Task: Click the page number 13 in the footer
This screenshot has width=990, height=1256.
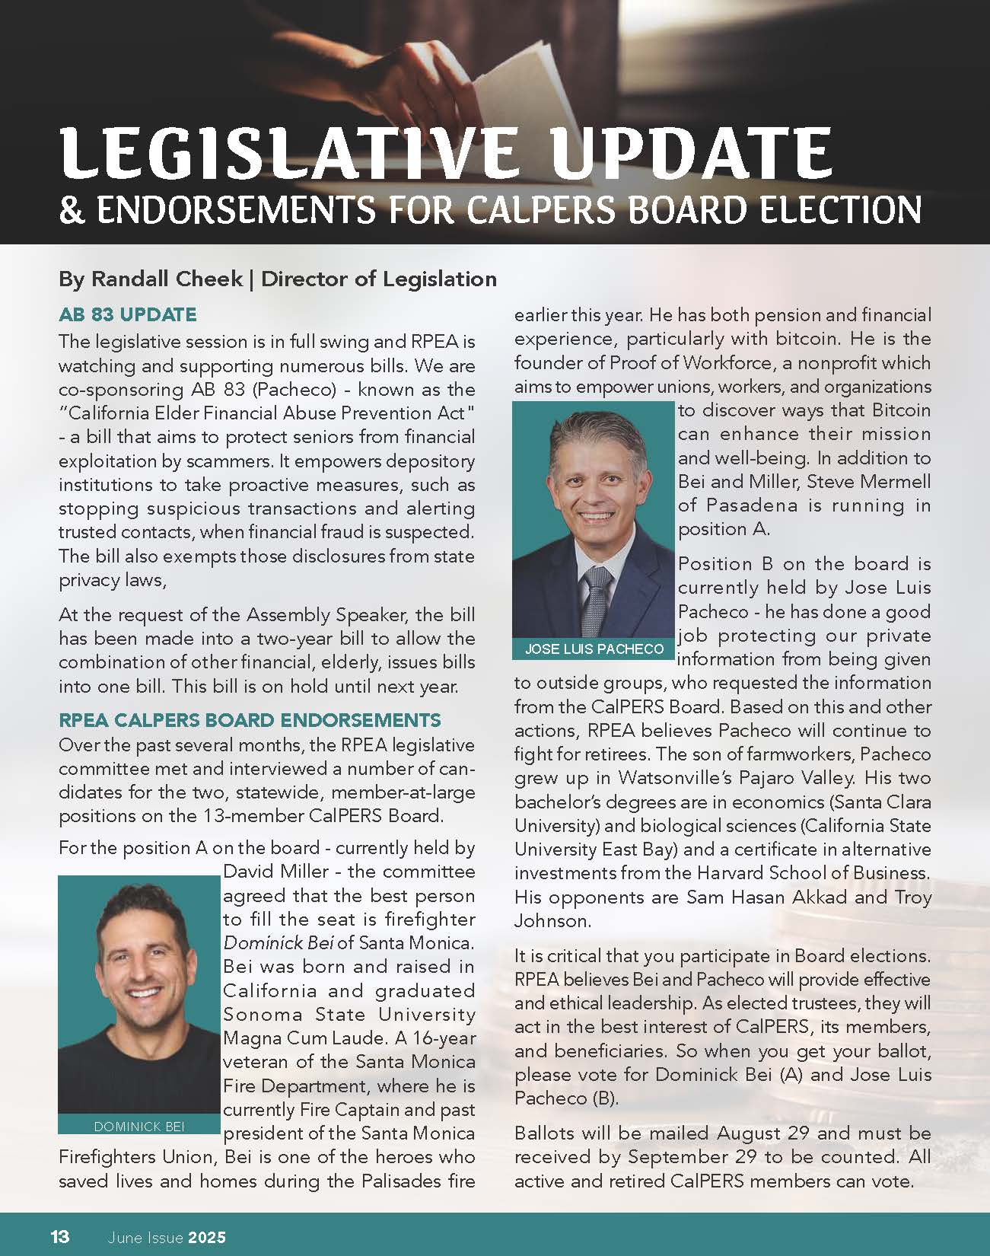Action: [60, 1236]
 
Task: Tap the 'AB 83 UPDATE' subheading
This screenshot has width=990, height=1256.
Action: [128, 314]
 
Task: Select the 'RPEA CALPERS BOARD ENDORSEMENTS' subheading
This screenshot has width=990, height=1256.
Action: [250, 720]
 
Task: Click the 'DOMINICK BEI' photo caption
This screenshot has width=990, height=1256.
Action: [139, 1127]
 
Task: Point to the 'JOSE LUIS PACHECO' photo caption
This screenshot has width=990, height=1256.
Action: [594, 649]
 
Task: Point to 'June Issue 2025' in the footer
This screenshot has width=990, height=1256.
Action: [167, 1237]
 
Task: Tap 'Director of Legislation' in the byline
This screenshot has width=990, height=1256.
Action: [379, 279]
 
